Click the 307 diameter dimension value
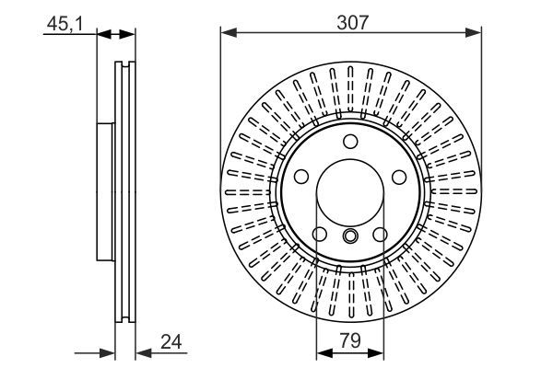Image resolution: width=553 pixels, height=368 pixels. (351, 22)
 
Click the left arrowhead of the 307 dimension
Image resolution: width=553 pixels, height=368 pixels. (227, 35)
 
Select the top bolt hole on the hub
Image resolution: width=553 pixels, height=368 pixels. (350, 142)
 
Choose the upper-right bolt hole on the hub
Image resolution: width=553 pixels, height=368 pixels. (398, 178)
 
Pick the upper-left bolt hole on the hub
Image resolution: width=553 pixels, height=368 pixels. (301, 178)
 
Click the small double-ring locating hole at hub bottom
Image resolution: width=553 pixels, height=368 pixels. (350, 236)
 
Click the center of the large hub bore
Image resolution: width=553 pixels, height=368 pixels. (350, 193)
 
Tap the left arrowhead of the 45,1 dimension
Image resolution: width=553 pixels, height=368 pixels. (103, 35)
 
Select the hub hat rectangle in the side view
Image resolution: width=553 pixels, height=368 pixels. (104, 193)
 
